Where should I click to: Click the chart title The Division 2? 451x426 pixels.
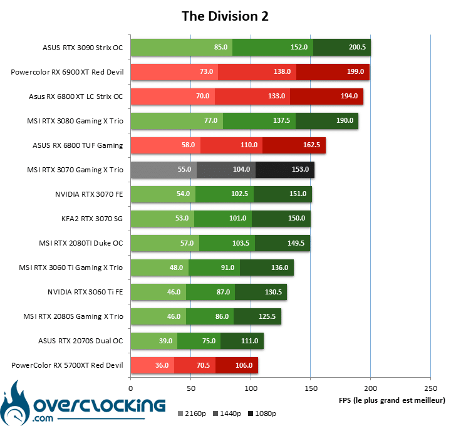click(x=225, y=16)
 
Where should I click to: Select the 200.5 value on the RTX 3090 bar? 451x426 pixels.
click(x=357, y=47)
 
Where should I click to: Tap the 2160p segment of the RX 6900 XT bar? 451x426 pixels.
click(x=174, y=72)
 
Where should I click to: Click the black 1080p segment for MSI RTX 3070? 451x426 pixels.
click(x=285, y=170)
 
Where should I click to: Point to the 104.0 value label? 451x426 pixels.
click(x=241, y=169)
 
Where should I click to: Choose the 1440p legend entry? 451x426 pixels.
click(x=227, y=413)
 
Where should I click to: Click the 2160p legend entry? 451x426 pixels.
click(x=192, y=413)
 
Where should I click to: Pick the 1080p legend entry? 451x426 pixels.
click(x=262, y=413)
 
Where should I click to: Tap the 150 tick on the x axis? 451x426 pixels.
click(x=311, y=388)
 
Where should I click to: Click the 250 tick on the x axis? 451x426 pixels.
click(x=430, y=388)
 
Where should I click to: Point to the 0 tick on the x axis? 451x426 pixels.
click(x=131, y=388)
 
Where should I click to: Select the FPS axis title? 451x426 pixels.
click(x=391, y=400)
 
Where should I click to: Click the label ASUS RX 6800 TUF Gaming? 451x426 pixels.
click(x=78, y=145)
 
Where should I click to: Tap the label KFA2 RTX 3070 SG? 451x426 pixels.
click(x=92, y=219)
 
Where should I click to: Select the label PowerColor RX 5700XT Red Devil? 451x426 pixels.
click(x=67, y=365)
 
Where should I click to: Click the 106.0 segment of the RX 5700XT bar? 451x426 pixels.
click(x=237, y=365)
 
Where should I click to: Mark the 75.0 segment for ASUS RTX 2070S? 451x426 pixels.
click(x=199, y=341)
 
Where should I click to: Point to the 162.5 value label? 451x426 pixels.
click(x=311, y=145)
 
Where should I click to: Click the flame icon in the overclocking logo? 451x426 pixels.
click(x=15, y=403)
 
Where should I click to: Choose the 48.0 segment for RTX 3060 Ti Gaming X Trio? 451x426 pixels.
click(x=160, y=268)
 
